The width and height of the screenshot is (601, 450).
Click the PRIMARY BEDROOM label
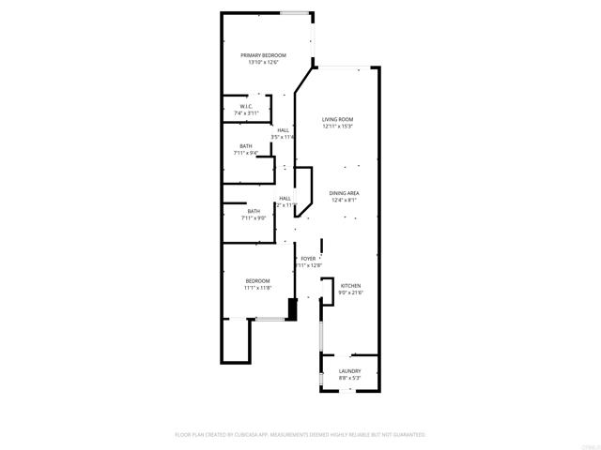coord(263,55)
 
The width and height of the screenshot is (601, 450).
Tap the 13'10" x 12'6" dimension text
coord(263,63)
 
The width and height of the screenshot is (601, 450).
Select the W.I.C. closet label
coord(246,107)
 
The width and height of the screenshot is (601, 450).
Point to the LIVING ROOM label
coord(337,119)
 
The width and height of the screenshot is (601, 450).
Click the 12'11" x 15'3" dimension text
coord(337,127)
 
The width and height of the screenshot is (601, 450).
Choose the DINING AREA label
coord(345,193)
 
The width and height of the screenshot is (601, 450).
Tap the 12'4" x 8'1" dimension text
coord(345,201)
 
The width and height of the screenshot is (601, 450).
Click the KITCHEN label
coord(350,286)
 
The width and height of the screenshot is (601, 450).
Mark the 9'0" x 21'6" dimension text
coord(350,293)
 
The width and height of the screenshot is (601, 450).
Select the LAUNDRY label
coord(349,371)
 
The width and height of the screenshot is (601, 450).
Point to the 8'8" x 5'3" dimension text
coord(349,379)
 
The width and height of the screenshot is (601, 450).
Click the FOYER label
coord(308,259)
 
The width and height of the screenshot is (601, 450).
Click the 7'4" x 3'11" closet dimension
coord(246,114)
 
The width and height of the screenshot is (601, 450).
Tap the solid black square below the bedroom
coord(291,310)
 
